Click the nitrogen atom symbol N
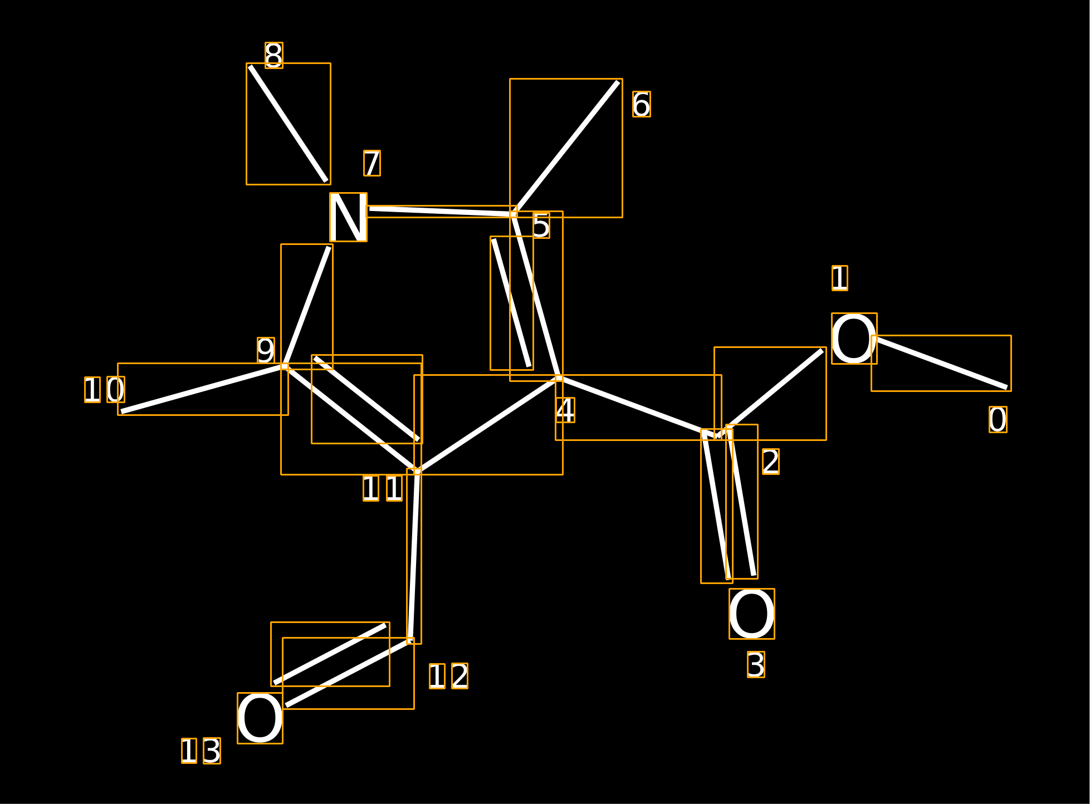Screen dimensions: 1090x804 pos(348,217)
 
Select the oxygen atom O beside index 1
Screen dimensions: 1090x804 pos(854,339)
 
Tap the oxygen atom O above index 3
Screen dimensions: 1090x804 pos(752,614)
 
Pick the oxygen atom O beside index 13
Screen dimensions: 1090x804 pos(260,718)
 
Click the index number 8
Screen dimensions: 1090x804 pos(274,55)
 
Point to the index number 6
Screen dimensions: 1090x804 pos(642,104)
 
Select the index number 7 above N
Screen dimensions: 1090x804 pos(372,163)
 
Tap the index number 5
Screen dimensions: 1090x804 pos(541,225)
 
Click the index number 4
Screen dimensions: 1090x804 pos(565,410)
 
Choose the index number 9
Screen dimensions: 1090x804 pos(266,350)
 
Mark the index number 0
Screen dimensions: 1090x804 pos(998,419)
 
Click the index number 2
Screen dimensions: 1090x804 pos(771,462)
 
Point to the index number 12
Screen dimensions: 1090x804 pos(448,676)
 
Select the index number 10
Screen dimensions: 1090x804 pos(105,390)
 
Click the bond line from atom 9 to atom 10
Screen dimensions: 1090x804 pos(203,389)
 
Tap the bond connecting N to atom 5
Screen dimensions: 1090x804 pos(441,212)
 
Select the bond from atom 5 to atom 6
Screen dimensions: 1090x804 pos(566,148)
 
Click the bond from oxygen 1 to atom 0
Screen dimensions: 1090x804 pos(941,363)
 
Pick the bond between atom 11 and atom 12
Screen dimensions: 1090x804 pos(414,556)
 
